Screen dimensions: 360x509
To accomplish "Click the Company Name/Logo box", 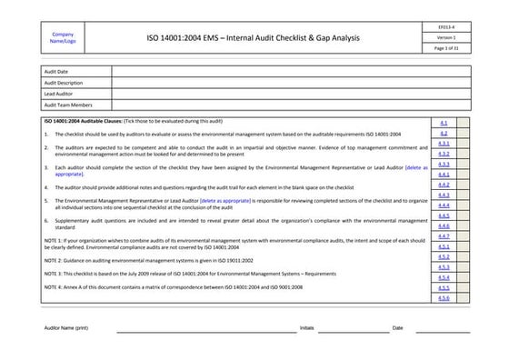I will click(x=64, y=38).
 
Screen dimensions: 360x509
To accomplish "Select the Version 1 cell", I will click(x=444, y=38).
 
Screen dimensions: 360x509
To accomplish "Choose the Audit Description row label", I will click(x=64, y=83).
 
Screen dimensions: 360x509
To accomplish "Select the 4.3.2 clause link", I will click(x=444, y=154).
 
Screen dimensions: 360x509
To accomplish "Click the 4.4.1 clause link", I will click(x=444, y=175).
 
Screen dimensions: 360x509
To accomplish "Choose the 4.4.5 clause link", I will click(x=444, y=215).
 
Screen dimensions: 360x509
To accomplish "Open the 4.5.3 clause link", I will click(x=444, y=267).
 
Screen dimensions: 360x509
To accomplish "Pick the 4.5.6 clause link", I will click(x=444, y=297).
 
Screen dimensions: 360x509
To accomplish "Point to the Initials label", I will click(x=307, y=327).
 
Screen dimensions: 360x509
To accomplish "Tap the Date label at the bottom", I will click(x=397, y=327).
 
